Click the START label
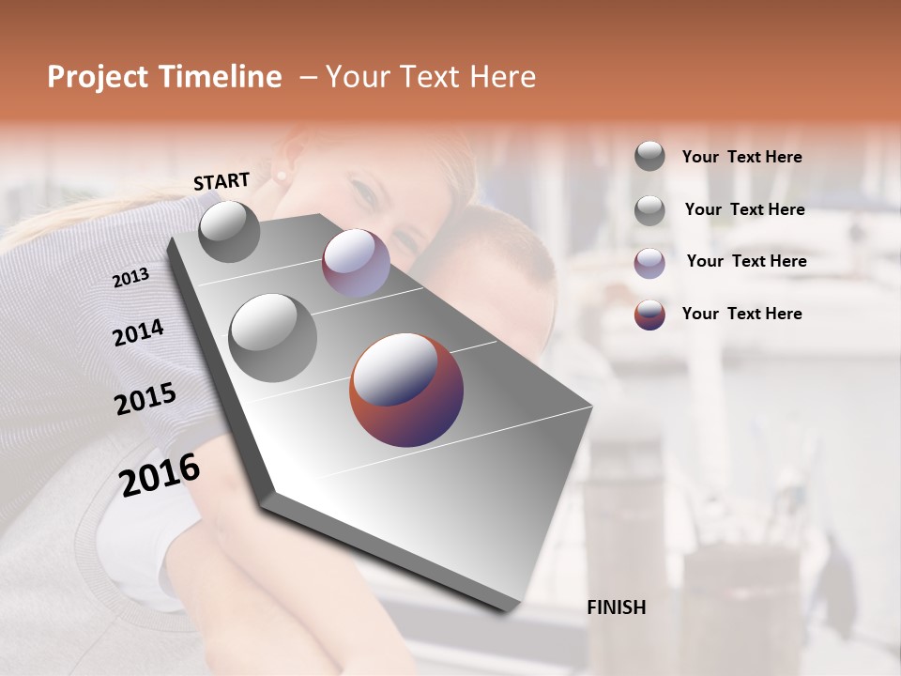pyautogui.click(x=221, y=181)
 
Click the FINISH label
pyautogui.click(x=616, y=607)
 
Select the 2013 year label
pyautogui.click(x=131, y=278)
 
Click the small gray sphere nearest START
pyautogui.click(x=229, y=232)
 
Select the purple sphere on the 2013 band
pyautogui.click(x=356, y=263)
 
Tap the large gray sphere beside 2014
pyautogui.click(x=273, y=338)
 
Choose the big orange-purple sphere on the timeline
pyautogui.click(x=406, y=390)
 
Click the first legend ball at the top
pyautogui.click(x=649, y=157)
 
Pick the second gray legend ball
pyautogui.click(x=649, y=210)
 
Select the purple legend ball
pyautogui.click(x=649, y=263)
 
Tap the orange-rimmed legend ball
pyautogui.click(x=649, y=315)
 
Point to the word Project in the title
pyautogui.click(x=99, y=77)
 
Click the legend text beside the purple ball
pyautogui.click(x=746, y=261)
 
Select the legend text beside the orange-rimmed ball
pyautogui.click(x=741, y=314)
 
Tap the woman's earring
pyautogui.click(x=279, y=176)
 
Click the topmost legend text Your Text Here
pyautogui.click(x=741, y=157)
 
